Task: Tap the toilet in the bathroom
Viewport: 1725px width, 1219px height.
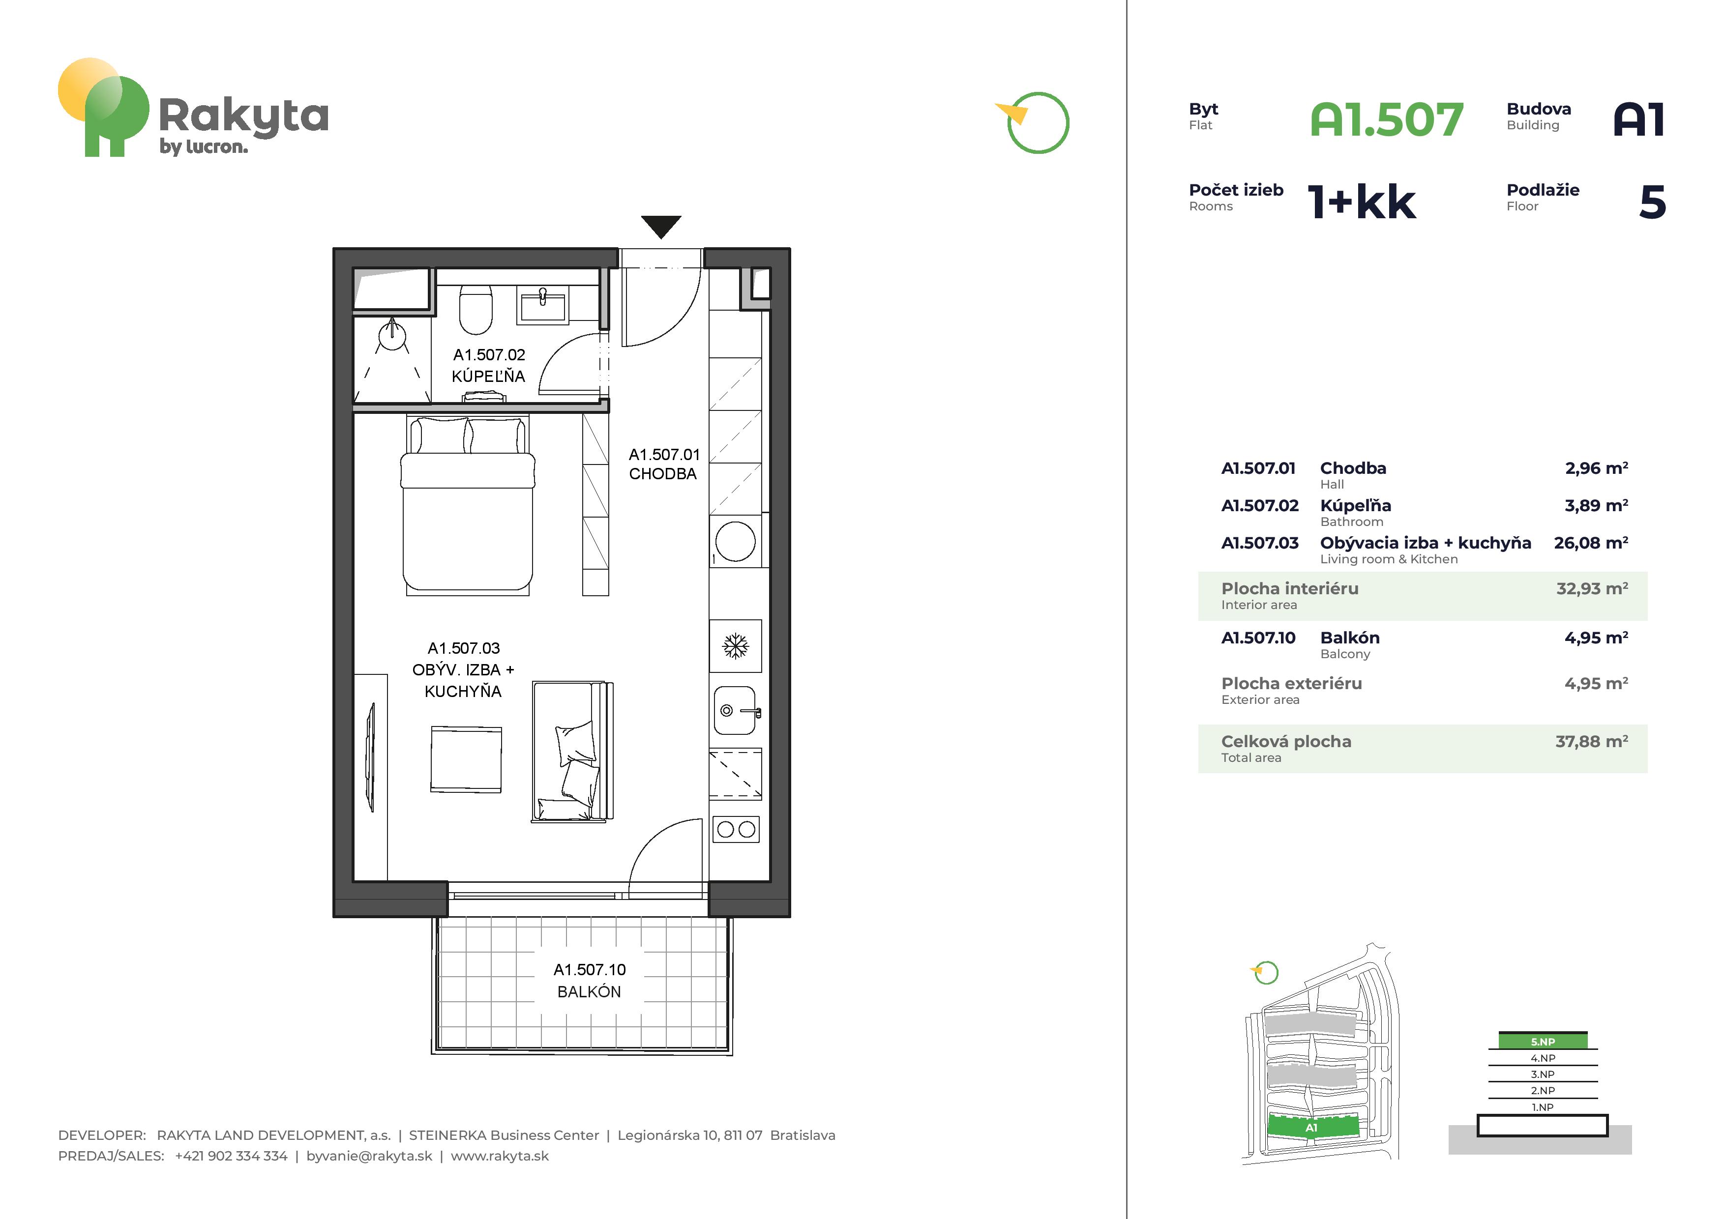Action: pyautogui.click(x=476, y=309)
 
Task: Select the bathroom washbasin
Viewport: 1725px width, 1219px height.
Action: pyautogui.click(x=542, y=306)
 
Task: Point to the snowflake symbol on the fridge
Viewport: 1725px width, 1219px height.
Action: pyautogui.click(x=736, y=646)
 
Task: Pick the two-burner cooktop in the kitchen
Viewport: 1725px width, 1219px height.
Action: pyautogui.click(x=736, y=829)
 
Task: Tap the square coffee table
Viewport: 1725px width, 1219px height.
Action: pyautogui.click(x=466, y=758)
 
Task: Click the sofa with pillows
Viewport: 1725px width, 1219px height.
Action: pyautogui.click(x=572, y=751)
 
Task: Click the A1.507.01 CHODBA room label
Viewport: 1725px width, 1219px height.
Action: pyautogui.click(x=664, y=464)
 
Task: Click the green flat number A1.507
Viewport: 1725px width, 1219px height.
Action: pyautogui.click(x=1387, y=120)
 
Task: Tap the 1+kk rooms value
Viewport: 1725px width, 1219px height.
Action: pyautogui.click(x=1362, y=202)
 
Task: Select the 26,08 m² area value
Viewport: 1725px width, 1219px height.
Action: pyautogui.click(x=1591, y=543)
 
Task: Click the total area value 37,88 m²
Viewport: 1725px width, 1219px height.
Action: pyautogui.click(x=1591, y=741)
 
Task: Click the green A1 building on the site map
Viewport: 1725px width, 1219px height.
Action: pyautogui.click(x=1312, y=1127)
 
